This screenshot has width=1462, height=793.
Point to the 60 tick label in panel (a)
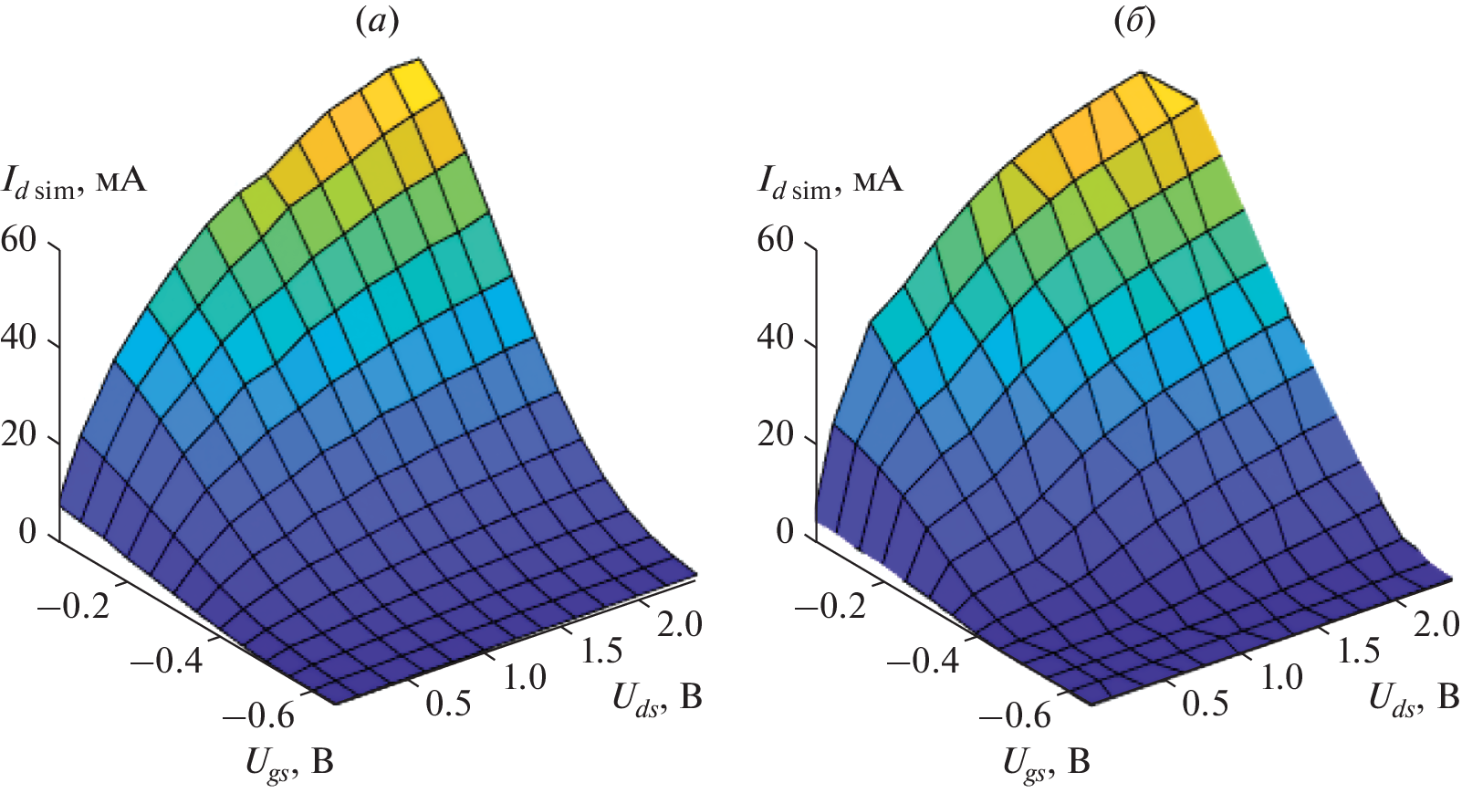(19, 240)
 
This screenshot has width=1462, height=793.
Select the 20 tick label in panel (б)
(776, 434)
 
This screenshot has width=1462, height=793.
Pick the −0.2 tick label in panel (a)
(74, 603)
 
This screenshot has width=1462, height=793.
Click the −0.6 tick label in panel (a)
(259, 715)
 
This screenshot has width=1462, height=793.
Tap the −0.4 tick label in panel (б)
(923, 659)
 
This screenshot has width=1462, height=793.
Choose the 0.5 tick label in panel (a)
(449, 703)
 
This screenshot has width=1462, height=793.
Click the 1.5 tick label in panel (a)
(601, 650)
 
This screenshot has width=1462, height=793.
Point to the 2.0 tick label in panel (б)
(1436, 623)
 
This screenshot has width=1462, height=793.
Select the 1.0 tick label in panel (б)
(1281, 677)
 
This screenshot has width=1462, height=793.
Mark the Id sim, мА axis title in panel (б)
(830, 182)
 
